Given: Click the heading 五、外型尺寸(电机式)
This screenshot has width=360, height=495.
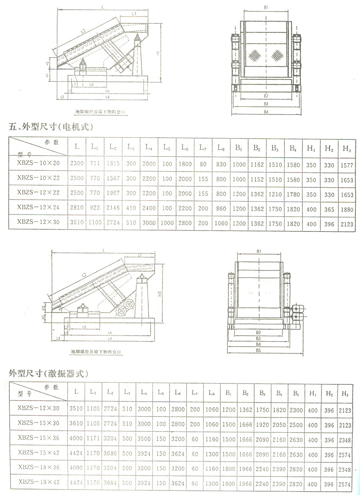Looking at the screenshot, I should coord(51,126).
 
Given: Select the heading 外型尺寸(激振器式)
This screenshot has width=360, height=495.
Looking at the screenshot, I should coord(48,373).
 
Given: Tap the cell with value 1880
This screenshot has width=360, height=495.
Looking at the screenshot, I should coord(347,209).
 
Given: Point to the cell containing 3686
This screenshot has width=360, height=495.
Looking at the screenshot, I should coord(110,455).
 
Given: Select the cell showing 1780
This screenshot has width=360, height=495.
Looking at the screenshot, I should coord(293,194).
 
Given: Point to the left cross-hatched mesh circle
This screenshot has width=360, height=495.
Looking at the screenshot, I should coord(255,55).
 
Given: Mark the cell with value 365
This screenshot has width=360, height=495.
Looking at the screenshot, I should coord(329,209).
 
